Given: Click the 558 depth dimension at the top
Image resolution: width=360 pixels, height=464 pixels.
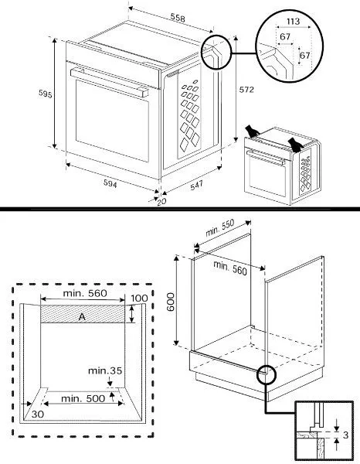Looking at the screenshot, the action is [x=178, y=18].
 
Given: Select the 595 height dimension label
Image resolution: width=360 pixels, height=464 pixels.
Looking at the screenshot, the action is [x=46, y=94].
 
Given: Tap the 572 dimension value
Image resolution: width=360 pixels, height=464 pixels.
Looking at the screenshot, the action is [x=246, y=90].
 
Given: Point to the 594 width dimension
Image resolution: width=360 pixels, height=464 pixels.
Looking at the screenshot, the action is [x=110, y=184].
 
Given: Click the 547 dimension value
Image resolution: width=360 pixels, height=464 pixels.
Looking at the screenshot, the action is [x=196, y=186].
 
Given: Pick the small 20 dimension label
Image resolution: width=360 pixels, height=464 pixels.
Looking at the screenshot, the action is [x=161, y=202].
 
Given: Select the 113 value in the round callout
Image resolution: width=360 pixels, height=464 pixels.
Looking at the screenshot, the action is [x=293, y=22].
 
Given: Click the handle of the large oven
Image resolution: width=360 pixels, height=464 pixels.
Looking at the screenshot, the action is [x=109, y=82].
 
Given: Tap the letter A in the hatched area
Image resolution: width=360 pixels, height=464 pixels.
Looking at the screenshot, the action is [x=82, y=317].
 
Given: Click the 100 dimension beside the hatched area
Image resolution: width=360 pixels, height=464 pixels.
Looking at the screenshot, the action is [x=139, y=299].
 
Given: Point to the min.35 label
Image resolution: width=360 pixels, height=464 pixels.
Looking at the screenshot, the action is [x=105, y=370].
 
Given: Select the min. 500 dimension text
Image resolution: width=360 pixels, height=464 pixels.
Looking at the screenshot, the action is [x=83, y=398].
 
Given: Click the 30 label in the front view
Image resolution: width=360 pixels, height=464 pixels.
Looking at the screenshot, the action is [x=38, y=415].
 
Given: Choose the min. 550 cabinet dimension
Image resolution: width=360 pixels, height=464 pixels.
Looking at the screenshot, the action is [x=219, y=227].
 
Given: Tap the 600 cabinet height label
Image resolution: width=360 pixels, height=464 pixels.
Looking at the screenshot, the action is [x=171, y=302].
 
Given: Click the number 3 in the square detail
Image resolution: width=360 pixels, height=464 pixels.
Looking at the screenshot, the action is [x=345, y=435].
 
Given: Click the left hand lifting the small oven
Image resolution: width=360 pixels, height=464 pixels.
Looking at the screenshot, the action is [x=252, y=131].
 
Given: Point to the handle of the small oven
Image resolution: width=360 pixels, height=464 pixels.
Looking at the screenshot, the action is [x=266, y=158].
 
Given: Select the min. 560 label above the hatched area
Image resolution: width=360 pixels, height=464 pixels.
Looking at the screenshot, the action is [x=85, y=293].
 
